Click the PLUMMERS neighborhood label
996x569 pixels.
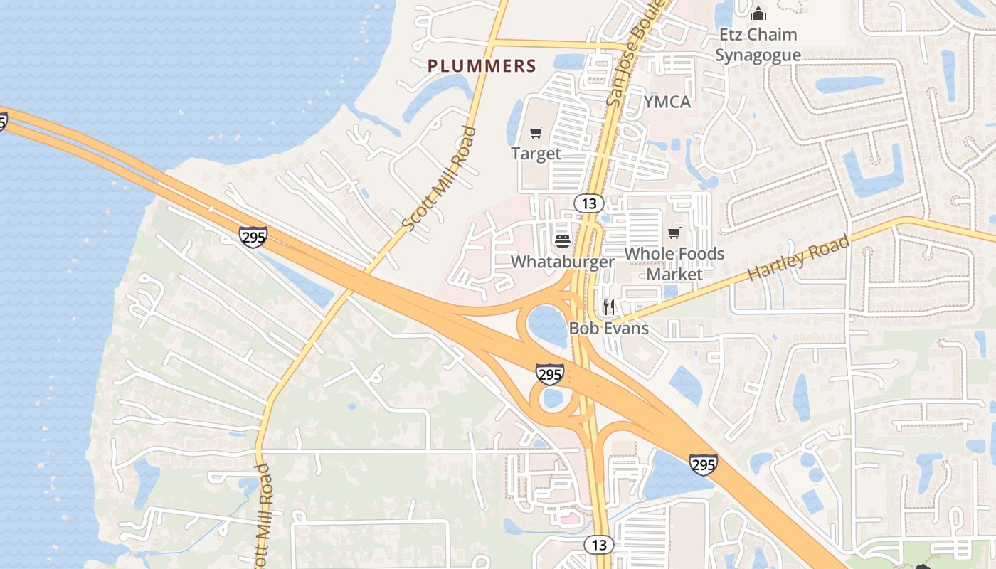pyautogui.click(x=482, y=66)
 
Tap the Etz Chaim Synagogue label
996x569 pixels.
pyautogui.click(x=758, y=45)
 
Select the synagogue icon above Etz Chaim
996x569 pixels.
pyautogui.click(x=758, y=14)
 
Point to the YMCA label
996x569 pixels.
pyautogui.click(x=667, y=102)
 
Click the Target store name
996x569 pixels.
pyautogui.click(x=536, y=153)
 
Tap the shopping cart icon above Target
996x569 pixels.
pyautogui.click(x=536, y=132)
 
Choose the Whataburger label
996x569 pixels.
pyautogui.click(x=562, y=261)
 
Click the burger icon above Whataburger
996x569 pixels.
pyautogui.click(x=562, y=240)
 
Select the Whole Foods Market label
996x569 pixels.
pyautogui.click(x=674, y=263)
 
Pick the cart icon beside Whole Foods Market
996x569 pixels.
pyautogui.click(x=674, y=233)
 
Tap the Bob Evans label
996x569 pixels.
pyautogui.click(x=609, y=328)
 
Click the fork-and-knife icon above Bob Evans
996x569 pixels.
pyautogui.click(x=609, y=307)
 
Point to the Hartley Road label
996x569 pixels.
pyautogui.click(x=798, y=257)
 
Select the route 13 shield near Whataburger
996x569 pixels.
pyautogui.click(x=589, y=203)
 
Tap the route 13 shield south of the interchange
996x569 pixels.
pyautogui.click(x=599, y=545)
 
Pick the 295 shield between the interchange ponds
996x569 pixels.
pyautogui.click(x=550, y=373)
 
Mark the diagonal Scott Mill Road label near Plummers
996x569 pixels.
pyautogui.click(x=438, y=178)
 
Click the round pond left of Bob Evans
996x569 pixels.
pyautogui.click(x=547, y=324)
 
